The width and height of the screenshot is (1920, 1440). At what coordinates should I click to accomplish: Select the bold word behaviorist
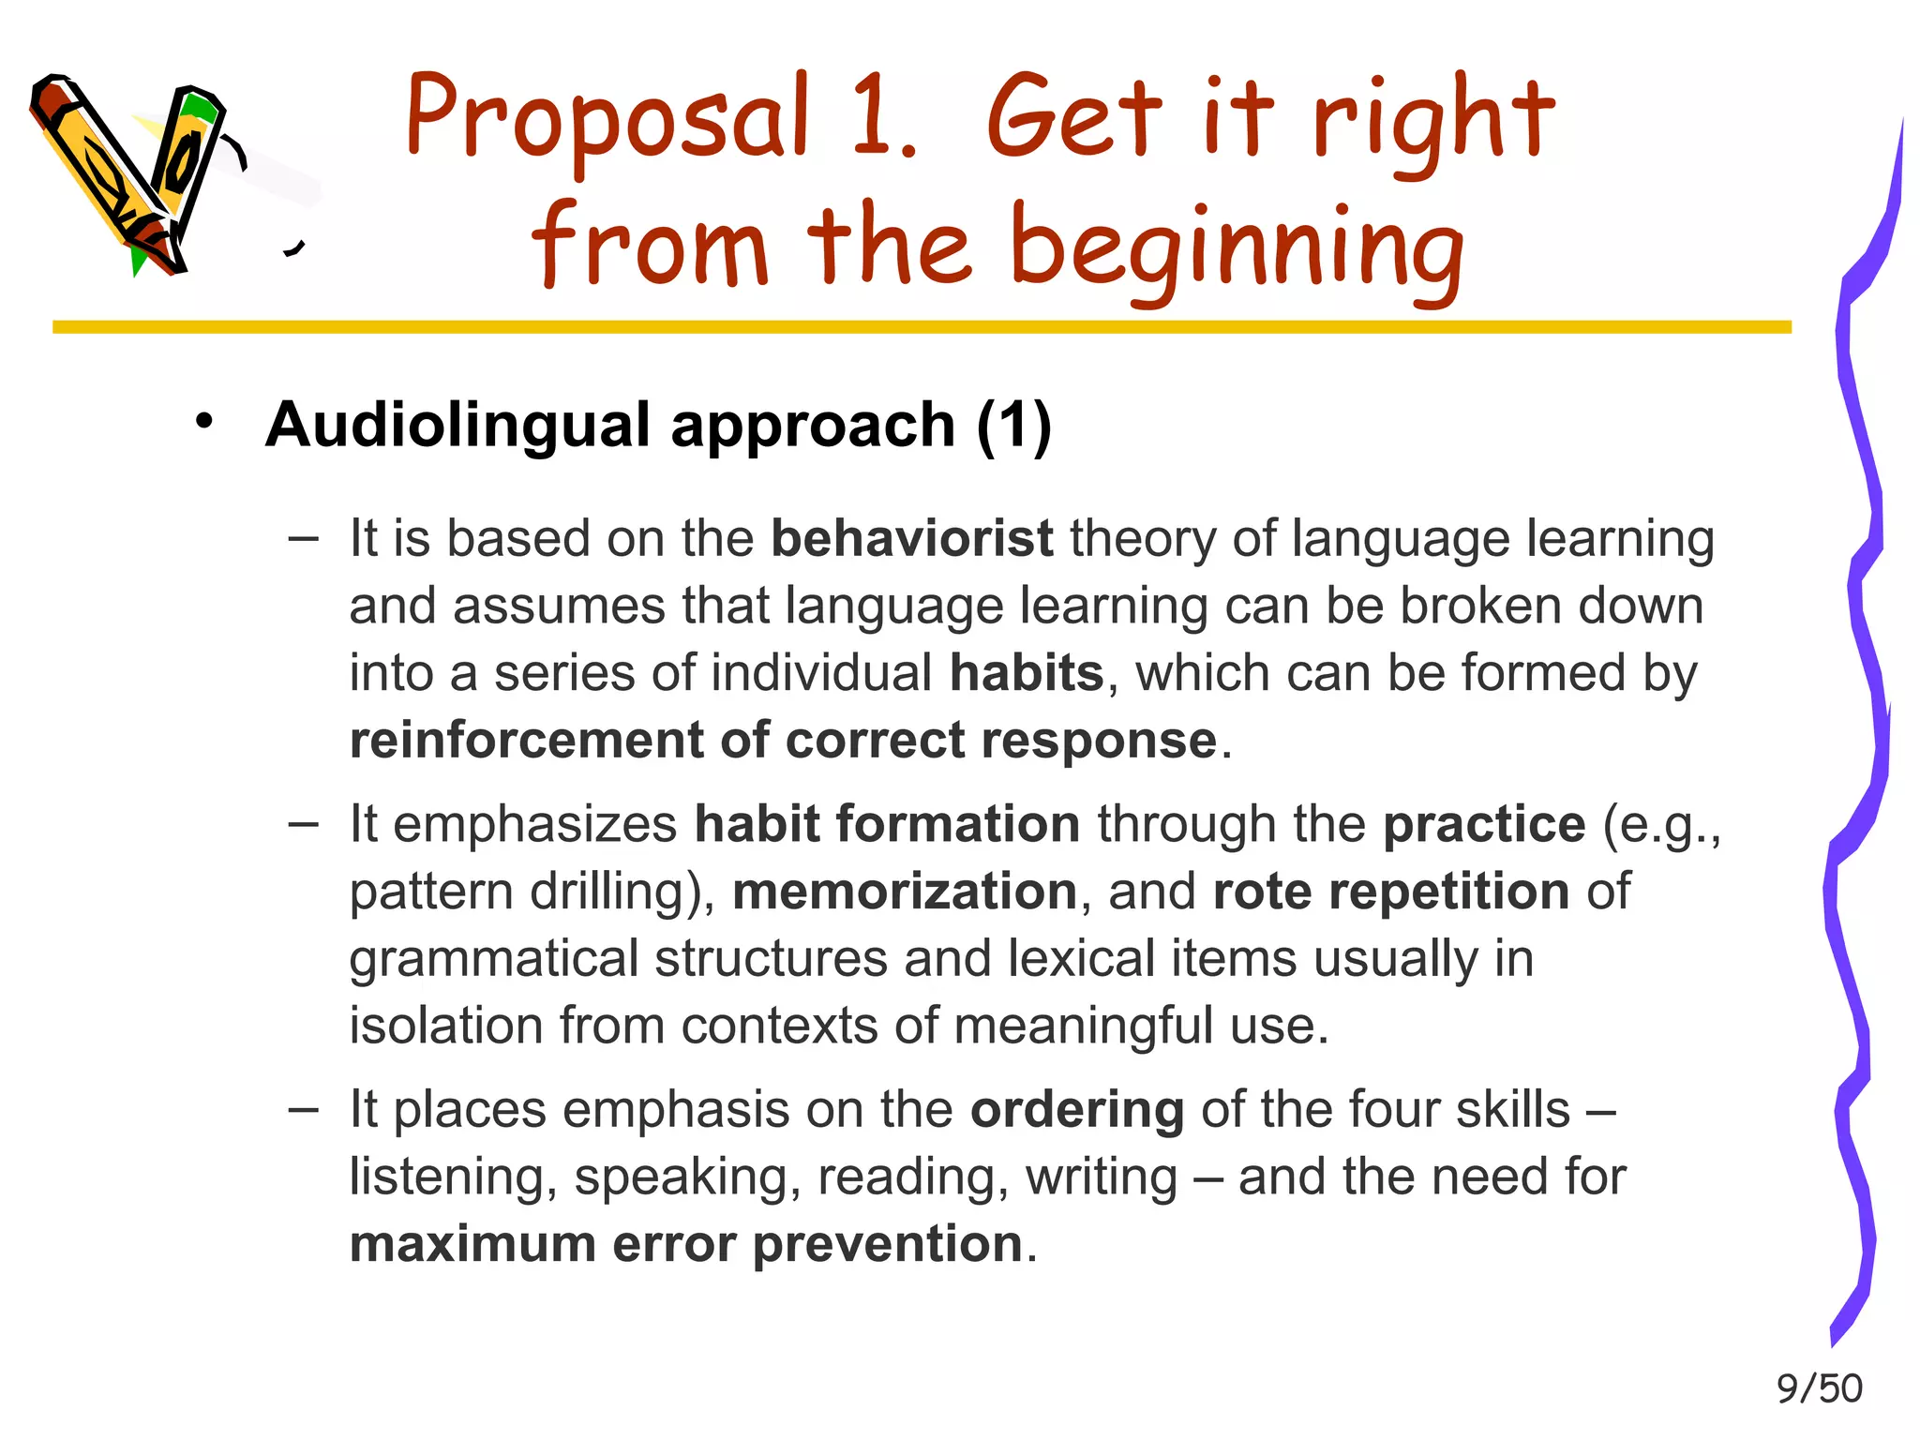pos(911,539)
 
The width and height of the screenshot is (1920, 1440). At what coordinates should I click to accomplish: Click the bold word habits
pos(1027,673)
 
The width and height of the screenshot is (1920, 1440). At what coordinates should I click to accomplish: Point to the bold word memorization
pos(905,891)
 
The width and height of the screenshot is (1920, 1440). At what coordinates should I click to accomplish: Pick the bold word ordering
pos(1076,1109)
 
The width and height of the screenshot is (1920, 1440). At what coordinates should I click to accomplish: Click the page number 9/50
pos(1819,1388)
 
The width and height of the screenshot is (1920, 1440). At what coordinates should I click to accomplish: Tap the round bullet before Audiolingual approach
pos(204,421)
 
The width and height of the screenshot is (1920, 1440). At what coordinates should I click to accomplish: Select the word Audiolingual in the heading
pos(458,425)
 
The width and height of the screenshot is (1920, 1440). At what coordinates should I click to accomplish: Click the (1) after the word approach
pos(1013,427)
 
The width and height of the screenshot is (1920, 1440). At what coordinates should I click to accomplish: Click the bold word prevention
pos(887,1244)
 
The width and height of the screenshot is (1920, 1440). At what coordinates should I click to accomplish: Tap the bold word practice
pos(1484,824)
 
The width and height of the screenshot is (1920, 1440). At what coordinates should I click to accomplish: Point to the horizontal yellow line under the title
pos(919,327)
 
